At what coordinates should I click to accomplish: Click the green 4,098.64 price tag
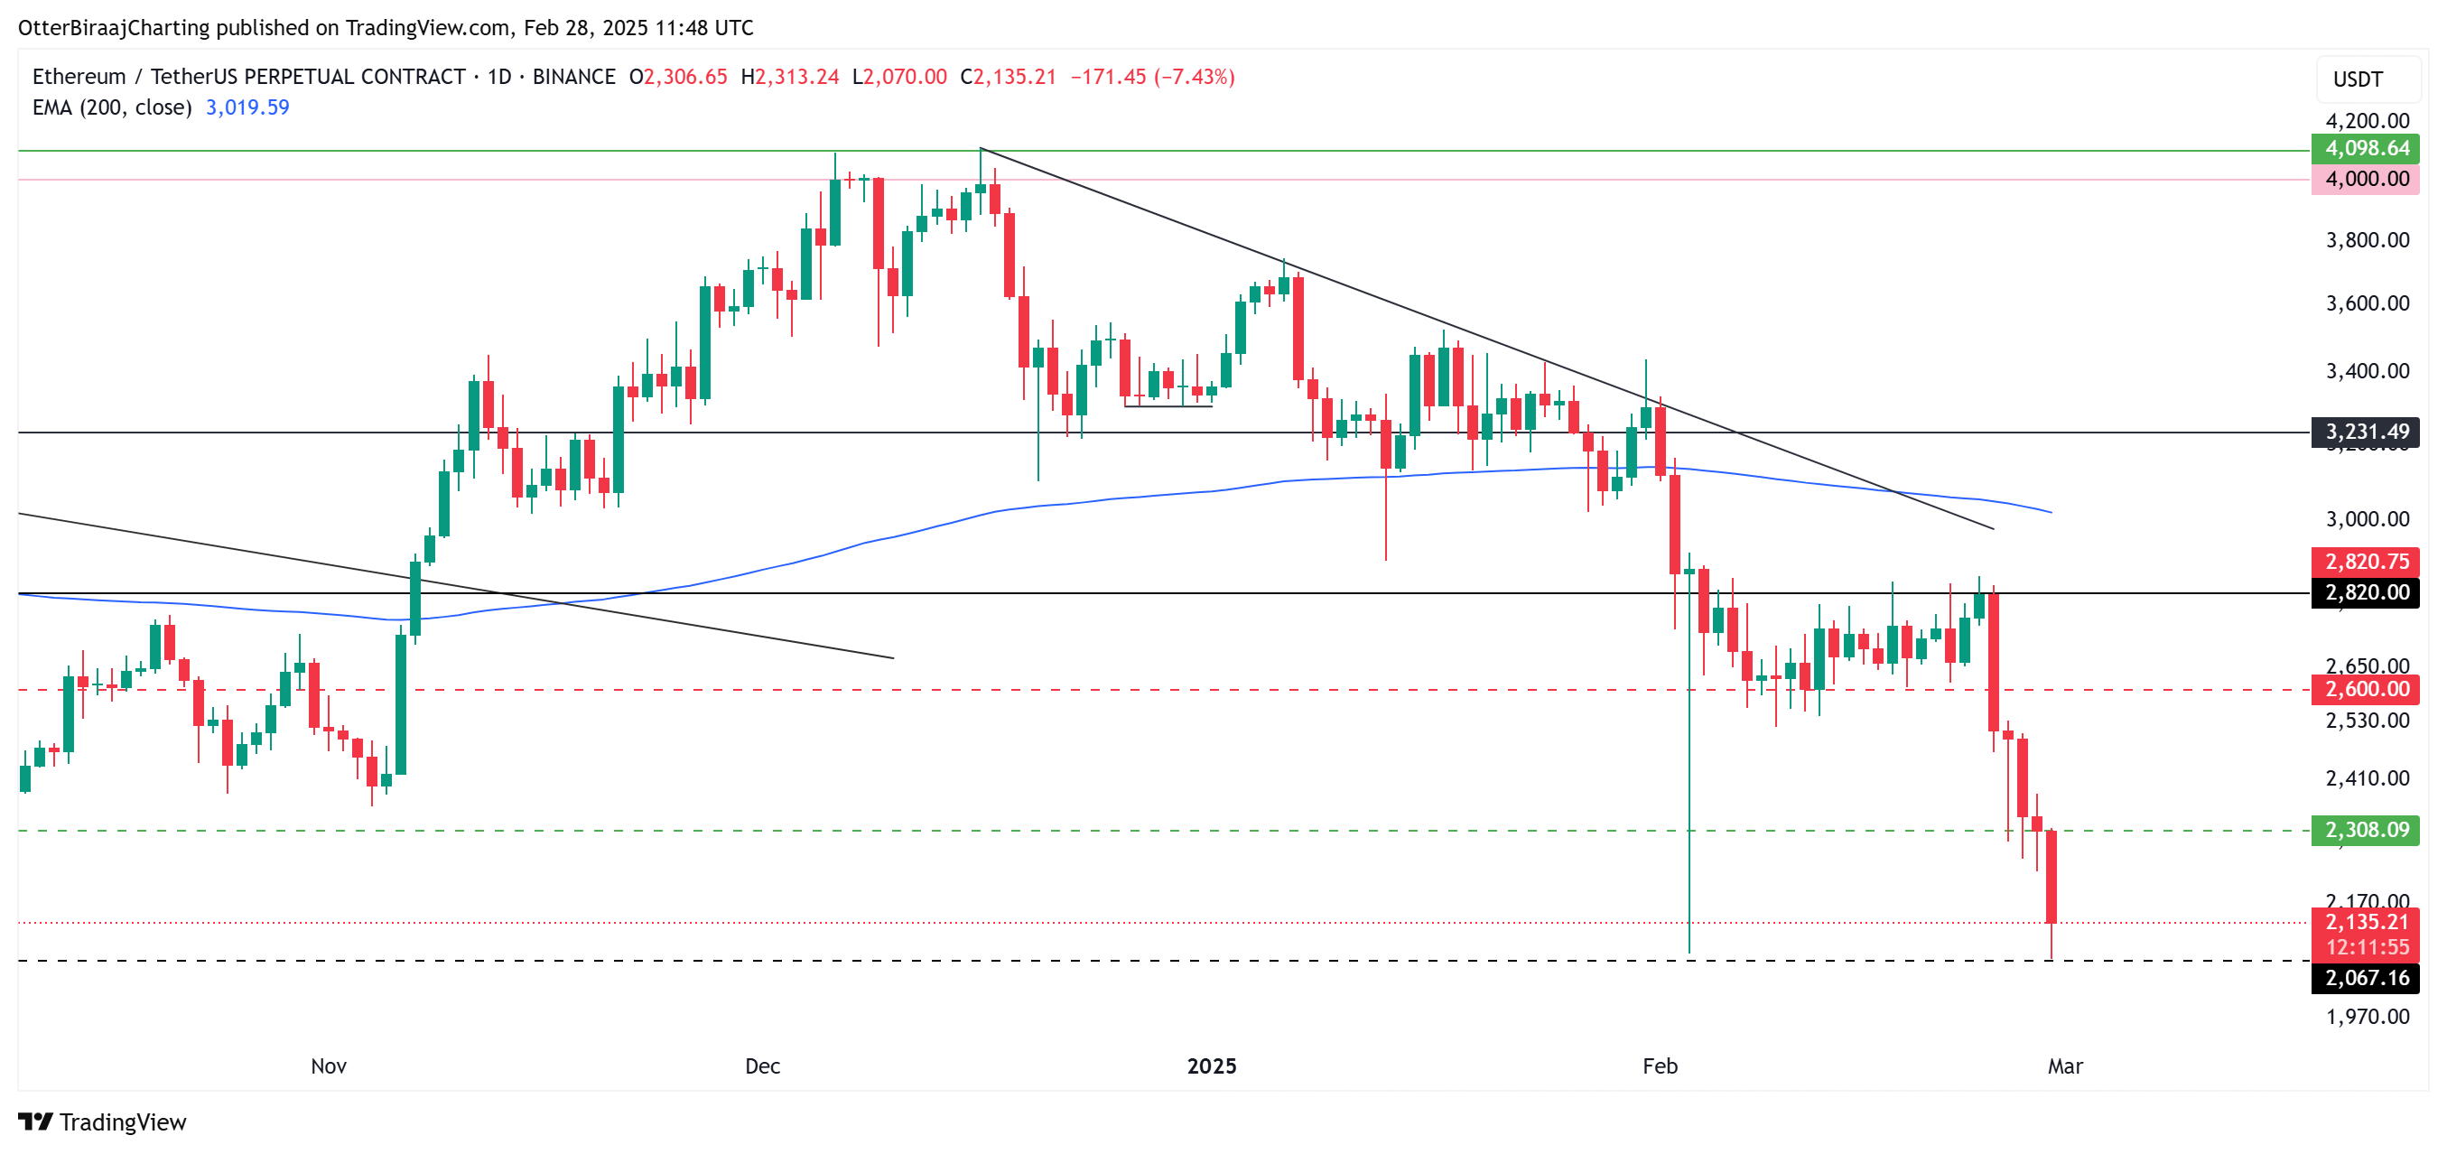point(2366,148)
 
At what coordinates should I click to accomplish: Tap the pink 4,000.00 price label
point(2366,179)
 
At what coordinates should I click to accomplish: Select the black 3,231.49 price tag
point(2366,433)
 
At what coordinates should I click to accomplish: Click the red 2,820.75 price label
point(2366,562)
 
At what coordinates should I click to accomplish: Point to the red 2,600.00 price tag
point(2366,690)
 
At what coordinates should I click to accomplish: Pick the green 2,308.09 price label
point(2366,830)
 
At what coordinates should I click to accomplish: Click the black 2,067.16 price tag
point(2366,978)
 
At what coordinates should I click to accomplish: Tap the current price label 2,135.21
point(2366,921)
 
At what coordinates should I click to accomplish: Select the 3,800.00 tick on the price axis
point(2367,240)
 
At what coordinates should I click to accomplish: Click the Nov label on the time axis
point(329,1066)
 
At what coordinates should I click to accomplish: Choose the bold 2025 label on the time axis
point(1211,1066)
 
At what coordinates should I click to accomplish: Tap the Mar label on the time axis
point(2064,1066)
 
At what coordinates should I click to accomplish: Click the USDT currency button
point(2358,79)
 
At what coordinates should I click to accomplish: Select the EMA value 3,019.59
point(247,107)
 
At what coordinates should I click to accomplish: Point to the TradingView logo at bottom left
point(103,1122)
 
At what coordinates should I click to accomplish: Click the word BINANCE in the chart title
point(573,77)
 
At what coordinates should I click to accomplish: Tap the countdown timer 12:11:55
point(2366,947)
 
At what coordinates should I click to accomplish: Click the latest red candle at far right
point(2051,876)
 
